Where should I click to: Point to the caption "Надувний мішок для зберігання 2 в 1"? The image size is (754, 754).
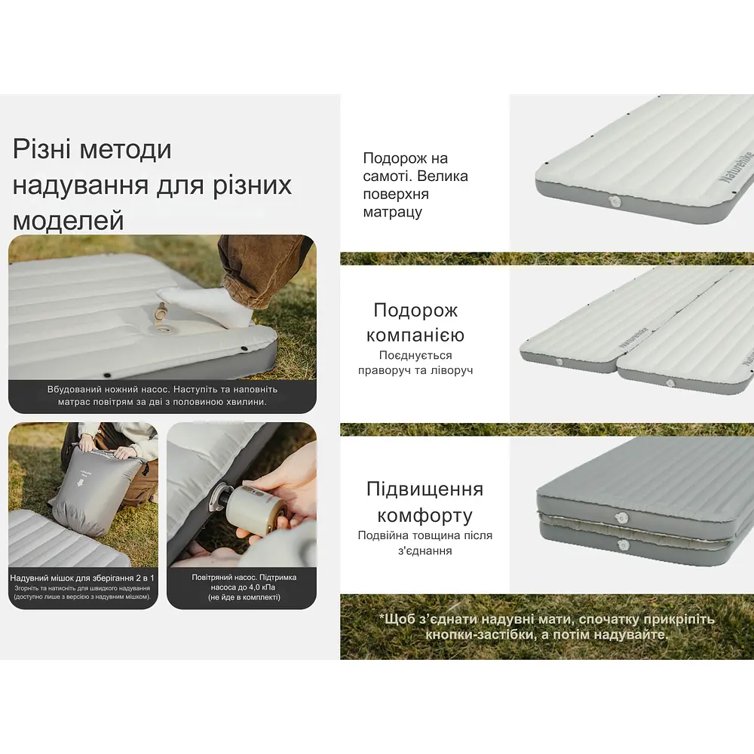[x=82, y=578]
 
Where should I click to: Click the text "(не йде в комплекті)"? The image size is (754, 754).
[x=241, y=597]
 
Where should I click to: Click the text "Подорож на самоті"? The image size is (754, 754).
[x=406, y=167]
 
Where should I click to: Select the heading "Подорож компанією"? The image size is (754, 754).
[x=415, y=323]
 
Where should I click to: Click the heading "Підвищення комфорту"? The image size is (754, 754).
[x=425, y=502]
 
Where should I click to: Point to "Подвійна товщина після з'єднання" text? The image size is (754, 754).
[x=425, y=543]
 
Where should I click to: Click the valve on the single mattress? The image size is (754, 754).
[x=612, y=201]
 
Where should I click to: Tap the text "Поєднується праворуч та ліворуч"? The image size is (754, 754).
[x=415, y=363]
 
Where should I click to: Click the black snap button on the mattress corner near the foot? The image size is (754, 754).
[x=247, y=348]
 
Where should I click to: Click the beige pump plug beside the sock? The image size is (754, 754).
[x=161, y=310]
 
